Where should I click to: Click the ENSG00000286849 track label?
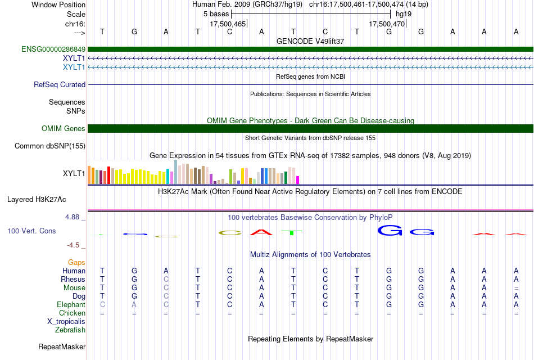(x=53, y=49)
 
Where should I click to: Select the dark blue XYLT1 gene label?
(x=74, y=58)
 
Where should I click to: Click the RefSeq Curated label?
(x=60, y=84)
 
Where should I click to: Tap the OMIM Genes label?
(x=64, y=128)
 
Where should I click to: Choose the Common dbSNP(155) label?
(x=50, y=146)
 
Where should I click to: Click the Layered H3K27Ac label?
(x=37, y=200)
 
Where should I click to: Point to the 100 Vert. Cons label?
(x=31, y=231)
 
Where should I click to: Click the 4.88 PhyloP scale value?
(x=72, y=217)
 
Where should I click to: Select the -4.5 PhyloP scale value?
(x=73, y=245)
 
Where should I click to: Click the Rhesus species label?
(x=73, y=279)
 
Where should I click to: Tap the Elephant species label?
(x=71, y=304)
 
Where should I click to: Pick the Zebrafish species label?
(x=70, y=330)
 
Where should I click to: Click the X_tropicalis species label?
(x=66, y=322)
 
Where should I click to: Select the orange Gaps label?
(x=76, y=262)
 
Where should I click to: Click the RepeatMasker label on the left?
(x=62, y=346)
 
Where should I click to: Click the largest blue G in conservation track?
(x=390, y=231)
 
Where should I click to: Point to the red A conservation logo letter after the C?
(x=261, y=232)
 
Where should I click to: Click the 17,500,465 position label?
(x=228, y=24)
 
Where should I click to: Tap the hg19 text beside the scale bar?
(x=404, y=14)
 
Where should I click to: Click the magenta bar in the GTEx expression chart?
(x=298, y=180)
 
